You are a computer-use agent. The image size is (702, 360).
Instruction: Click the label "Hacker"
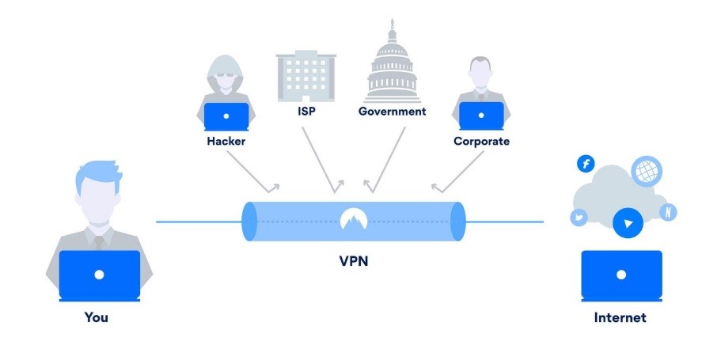(x=226, y=142)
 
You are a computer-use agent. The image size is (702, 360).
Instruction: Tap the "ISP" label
(x=307, y=112)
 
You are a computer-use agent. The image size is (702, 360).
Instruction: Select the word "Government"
(x=392, y=112)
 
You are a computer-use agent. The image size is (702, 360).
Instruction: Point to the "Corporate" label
(x=481, y=142)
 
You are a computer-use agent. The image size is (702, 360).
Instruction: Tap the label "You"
(x=97, y=318)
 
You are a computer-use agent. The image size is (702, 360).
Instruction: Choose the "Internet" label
(x=620, y=318)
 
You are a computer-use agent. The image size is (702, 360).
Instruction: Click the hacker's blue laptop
(x=226, y=116)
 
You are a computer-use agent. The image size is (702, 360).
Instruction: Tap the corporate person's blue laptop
(x=481, y=116)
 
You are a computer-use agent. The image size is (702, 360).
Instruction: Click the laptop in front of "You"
(x=99, y=275)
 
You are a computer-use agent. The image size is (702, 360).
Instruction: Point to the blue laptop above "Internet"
(x=621, y=275)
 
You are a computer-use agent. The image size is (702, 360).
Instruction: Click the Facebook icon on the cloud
(x=586, y=164)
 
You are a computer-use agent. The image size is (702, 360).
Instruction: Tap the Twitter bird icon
(x=578, y=218)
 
